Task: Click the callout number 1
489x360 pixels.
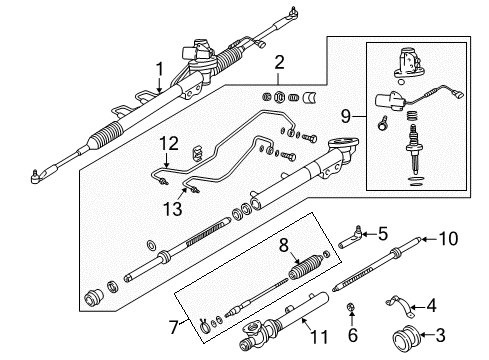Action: point(157,68)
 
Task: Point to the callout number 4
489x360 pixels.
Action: point(459,305)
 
